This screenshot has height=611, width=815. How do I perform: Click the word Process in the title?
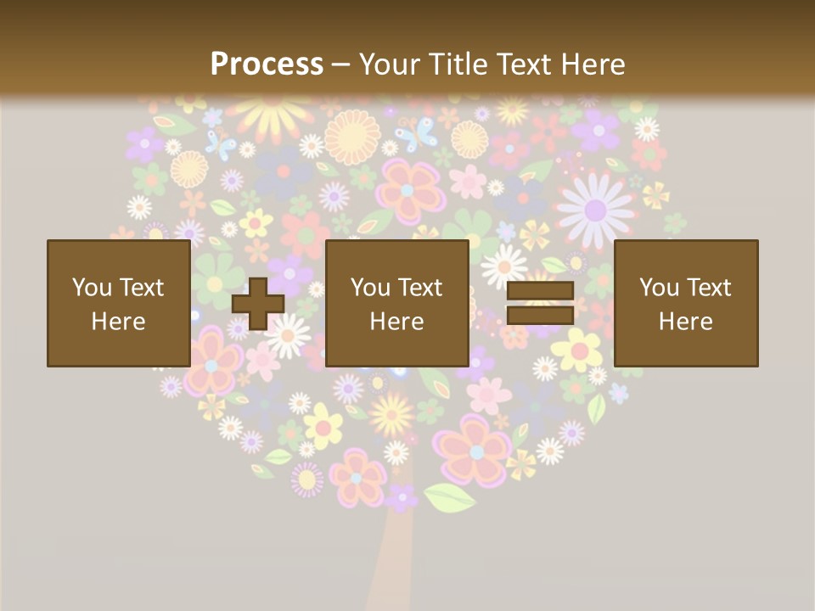click(x=267, y=64)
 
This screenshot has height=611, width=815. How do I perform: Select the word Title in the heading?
click(x=458, y=64)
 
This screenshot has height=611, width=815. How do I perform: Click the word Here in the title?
click(x=588, y=64)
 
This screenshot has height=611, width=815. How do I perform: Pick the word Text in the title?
click(x=520, y=64)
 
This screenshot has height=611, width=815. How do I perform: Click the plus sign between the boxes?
click(x=258, y=303)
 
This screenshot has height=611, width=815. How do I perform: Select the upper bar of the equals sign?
click(x=540, y=290)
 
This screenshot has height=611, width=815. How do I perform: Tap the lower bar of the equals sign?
click(x=540, y=316)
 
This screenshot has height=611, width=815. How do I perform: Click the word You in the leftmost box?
click(x=92, y=288)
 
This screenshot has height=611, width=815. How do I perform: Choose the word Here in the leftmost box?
click(x=118, y=322)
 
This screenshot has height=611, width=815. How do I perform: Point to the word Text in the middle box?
click(x=420, y=288)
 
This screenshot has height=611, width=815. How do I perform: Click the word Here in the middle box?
click(x=396, y=322)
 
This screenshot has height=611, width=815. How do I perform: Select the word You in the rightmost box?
click(x=659, y=288)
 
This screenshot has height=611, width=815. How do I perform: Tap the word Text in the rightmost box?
click(x=709, y=288)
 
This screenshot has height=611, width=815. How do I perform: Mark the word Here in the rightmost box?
click(x=685, y=322)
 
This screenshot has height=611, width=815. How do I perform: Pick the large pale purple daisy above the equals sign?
click(x=596, y=208)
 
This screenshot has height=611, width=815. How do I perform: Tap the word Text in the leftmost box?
click(x=142, y=288)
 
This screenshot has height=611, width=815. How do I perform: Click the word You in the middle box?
click(x=370, y=288)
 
